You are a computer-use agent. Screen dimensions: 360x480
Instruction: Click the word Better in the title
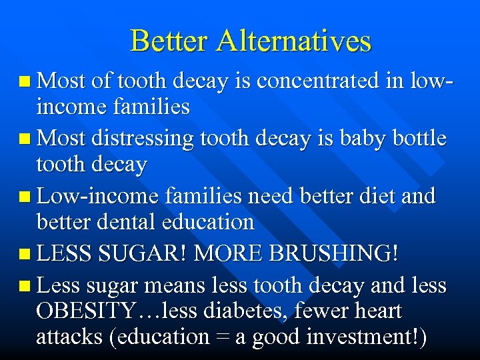170,41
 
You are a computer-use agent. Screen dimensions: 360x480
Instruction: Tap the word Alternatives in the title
293,41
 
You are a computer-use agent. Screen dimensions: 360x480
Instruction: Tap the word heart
377,311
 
